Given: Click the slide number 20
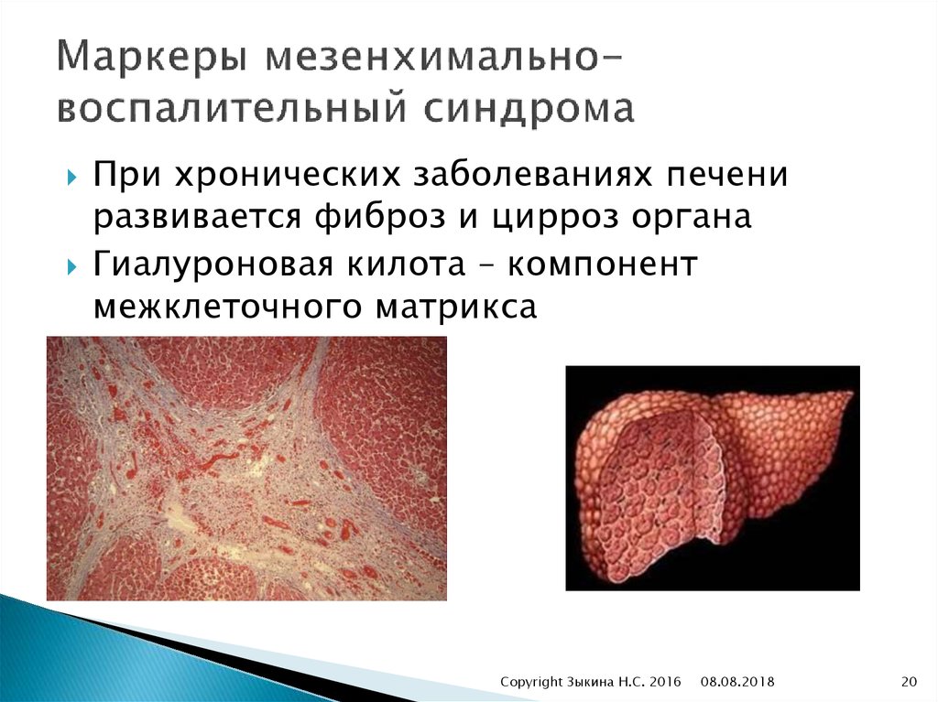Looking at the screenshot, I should click(909, 681).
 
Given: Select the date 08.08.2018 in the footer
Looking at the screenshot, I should click(738, 681).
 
